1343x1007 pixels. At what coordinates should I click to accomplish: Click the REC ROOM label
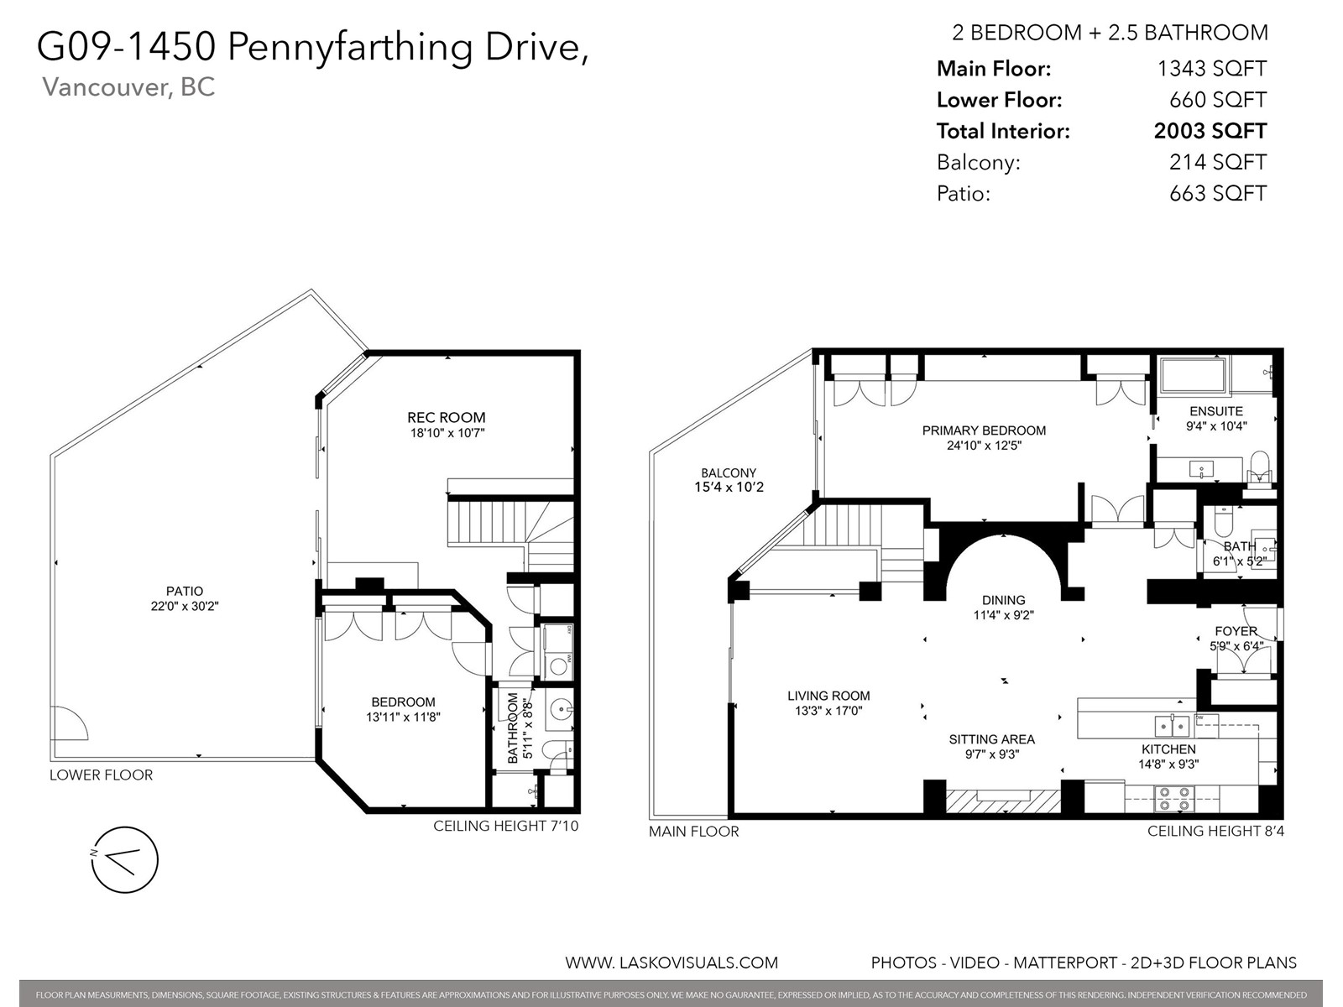[x=446, y=418]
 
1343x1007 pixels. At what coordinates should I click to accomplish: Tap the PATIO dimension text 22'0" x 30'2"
[x=185, y=607]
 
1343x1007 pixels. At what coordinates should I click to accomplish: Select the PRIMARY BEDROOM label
[x=984, y=430]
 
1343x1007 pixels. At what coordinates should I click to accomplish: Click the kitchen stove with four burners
[x=1174, y=799]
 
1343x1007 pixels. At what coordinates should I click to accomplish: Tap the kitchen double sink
[x=1172, y=726]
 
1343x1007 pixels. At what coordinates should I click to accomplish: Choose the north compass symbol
[x=125, y=860]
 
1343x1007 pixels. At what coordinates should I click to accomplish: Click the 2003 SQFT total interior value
[x=1210, y=131]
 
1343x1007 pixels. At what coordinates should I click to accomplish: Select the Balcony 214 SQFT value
[x=1218, y=162]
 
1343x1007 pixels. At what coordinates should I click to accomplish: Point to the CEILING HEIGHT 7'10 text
[x=505, y=826]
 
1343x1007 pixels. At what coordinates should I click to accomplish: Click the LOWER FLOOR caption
[x=101, y=775]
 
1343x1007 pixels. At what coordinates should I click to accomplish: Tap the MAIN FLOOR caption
[x=694, y=831]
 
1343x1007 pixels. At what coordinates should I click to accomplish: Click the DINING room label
[x=1003, y=600]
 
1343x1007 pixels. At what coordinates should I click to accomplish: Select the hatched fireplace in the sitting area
[x=1003, y=801]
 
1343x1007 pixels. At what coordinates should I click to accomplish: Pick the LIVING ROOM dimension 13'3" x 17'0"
[x=828, y=711]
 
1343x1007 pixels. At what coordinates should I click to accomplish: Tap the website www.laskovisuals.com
[x=671, y=963]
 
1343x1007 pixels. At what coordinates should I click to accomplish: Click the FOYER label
[x=1236, y=631]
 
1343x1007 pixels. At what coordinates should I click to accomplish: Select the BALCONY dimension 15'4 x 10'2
[x=729, y=488]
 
